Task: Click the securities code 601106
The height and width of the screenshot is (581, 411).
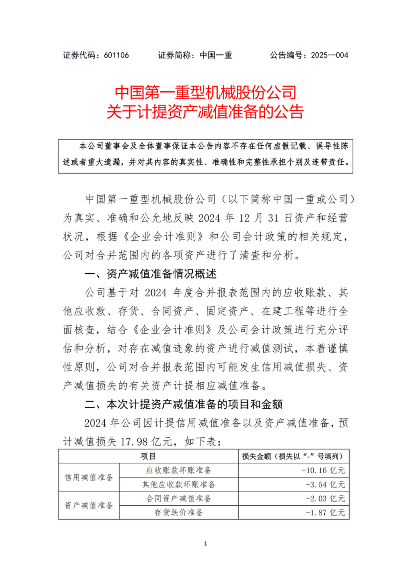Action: point(116,55)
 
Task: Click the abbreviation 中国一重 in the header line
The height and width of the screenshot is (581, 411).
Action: point(216,55)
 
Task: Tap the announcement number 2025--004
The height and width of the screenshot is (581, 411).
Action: point(330,55)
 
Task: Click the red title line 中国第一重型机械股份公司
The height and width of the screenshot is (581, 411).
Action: point(205,92)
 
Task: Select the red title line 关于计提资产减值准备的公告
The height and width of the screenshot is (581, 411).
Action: point(205,112)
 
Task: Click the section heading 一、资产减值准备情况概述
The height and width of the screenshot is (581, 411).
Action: point(151,274)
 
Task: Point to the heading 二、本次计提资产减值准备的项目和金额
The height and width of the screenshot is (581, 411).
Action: point(183,404)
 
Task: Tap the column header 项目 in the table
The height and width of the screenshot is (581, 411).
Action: point(148,456)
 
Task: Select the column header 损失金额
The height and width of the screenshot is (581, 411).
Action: point(256,456)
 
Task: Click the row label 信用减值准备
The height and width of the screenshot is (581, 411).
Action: point(89,477)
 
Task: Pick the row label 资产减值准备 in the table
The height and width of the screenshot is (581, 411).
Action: point(89,505)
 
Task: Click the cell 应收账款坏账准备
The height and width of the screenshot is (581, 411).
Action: point(178,470)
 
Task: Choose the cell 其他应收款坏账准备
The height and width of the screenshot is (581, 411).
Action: point(178,484)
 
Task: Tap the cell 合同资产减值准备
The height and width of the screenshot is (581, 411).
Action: point(178,498)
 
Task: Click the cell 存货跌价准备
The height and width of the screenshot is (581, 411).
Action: point(178,513)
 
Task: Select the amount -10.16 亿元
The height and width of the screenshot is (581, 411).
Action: point(323,470)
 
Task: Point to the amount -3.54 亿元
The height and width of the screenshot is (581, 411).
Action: point(325,484)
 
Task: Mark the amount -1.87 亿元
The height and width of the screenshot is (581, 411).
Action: point(325,513)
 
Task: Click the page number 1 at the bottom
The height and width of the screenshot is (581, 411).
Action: point(205,543)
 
